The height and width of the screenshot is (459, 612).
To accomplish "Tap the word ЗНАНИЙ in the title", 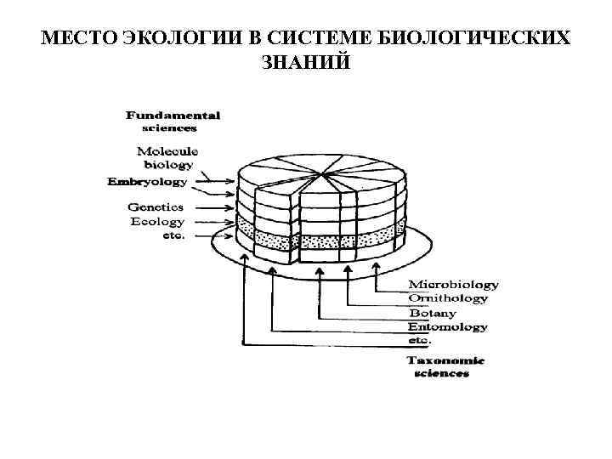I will click(x=306, y=63).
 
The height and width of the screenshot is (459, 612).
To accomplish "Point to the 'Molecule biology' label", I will click(x=167, y=157).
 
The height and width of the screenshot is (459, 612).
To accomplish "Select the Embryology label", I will click(x=148, y=181).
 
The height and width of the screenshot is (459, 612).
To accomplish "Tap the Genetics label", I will click(x=156, y=207).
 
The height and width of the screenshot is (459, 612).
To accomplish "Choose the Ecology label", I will click(x=157, y=221).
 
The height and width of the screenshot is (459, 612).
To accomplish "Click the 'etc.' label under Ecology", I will click(x=173, y=235).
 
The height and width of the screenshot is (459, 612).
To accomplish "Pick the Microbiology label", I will click(x=453, y=284).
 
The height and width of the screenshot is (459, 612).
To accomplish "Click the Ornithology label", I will click(x=448, y=298).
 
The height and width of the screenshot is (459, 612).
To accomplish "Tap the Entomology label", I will click(x=447, y=326).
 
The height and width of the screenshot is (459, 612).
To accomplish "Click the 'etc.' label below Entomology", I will click(x=420, y=340).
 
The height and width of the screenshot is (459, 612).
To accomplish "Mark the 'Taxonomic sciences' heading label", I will click(x=445, y=366).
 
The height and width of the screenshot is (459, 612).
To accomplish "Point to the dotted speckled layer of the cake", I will click(x=323, y=241).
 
